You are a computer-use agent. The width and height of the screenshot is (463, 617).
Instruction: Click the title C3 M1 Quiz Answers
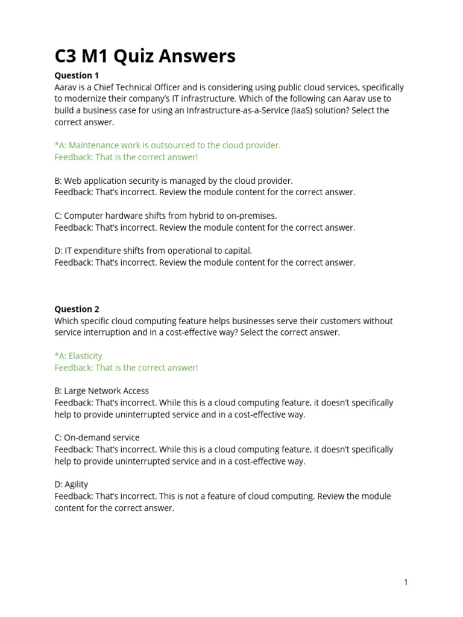click(145, 56)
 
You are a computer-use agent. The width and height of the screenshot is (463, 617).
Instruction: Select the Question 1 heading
click(77, 76)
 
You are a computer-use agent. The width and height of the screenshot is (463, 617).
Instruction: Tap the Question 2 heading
click(77, 309)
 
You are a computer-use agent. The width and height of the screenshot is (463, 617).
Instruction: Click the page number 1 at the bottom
click(406, 582)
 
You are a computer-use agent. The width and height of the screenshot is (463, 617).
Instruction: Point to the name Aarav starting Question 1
click(66, 87)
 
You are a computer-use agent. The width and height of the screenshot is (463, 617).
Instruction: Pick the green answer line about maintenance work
click(167, 146)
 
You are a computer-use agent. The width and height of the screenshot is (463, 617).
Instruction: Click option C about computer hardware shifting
click(165, 216)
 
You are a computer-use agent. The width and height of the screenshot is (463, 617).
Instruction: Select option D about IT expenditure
click(153, 251)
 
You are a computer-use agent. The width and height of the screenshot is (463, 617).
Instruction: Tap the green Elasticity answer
click(78, 356)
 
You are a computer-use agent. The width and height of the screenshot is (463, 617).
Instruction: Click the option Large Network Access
click(101, 391)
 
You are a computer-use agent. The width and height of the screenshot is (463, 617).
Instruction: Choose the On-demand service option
click(96, 438)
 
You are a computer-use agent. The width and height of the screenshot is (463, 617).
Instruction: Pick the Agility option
click(71, 484)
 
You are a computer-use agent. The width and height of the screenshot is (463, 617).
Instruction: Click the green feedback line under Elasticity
click(126, 368)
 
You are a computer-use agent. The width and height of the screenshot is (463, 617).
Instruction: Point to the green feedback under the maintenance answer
click(126, 157)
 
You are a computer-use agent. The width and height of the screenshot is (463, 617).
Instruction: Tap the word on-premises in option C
click(253, 216)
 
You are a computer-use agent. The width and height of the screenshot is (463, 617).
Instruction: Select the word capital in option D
click(237, 251)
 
